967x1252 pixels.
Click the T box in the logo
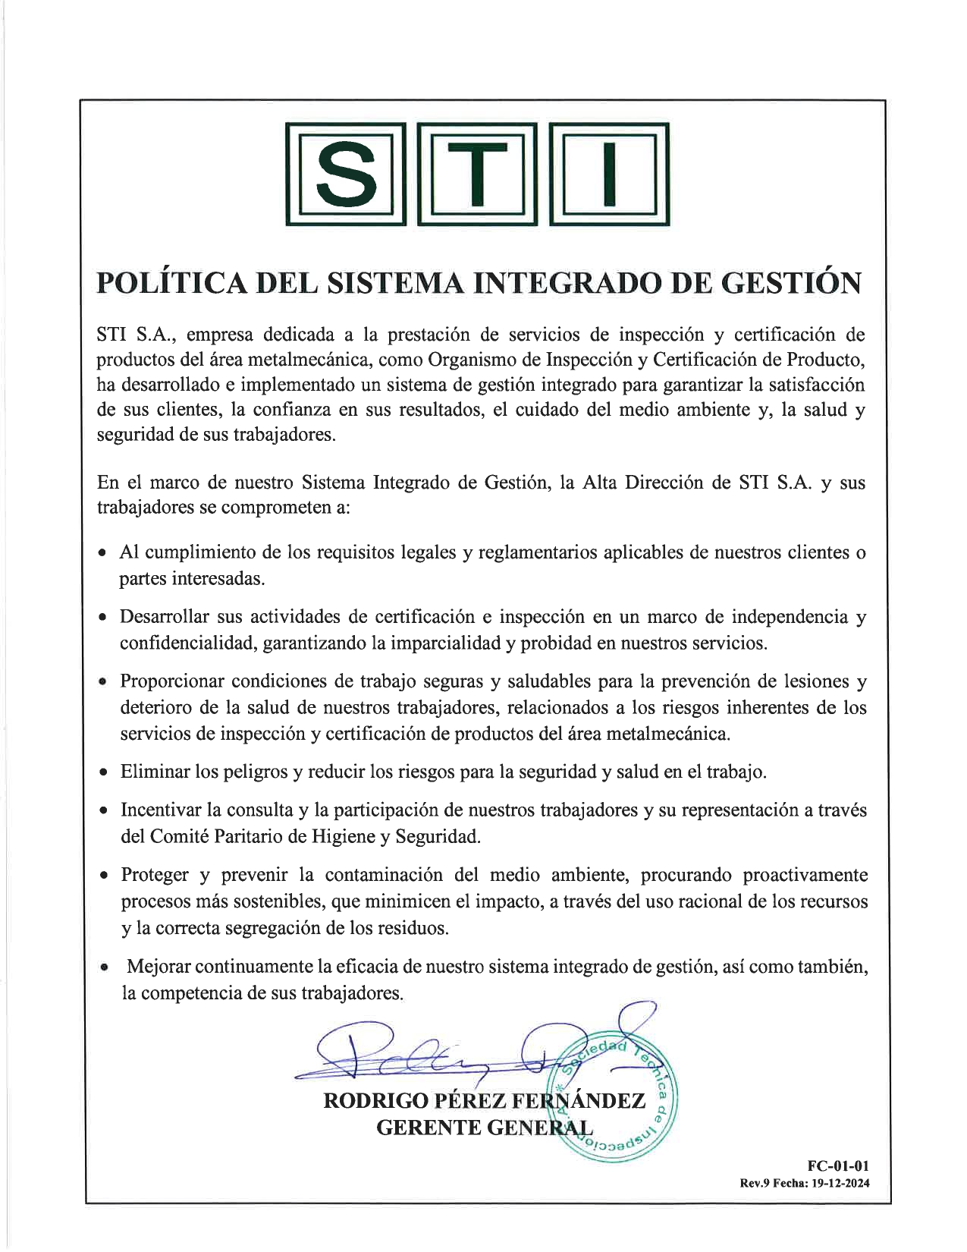pos(477,174)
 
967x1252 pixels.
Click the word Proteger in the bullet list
pos(155,875)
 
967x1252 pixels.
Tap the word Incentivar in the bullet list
pos(162,810)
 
